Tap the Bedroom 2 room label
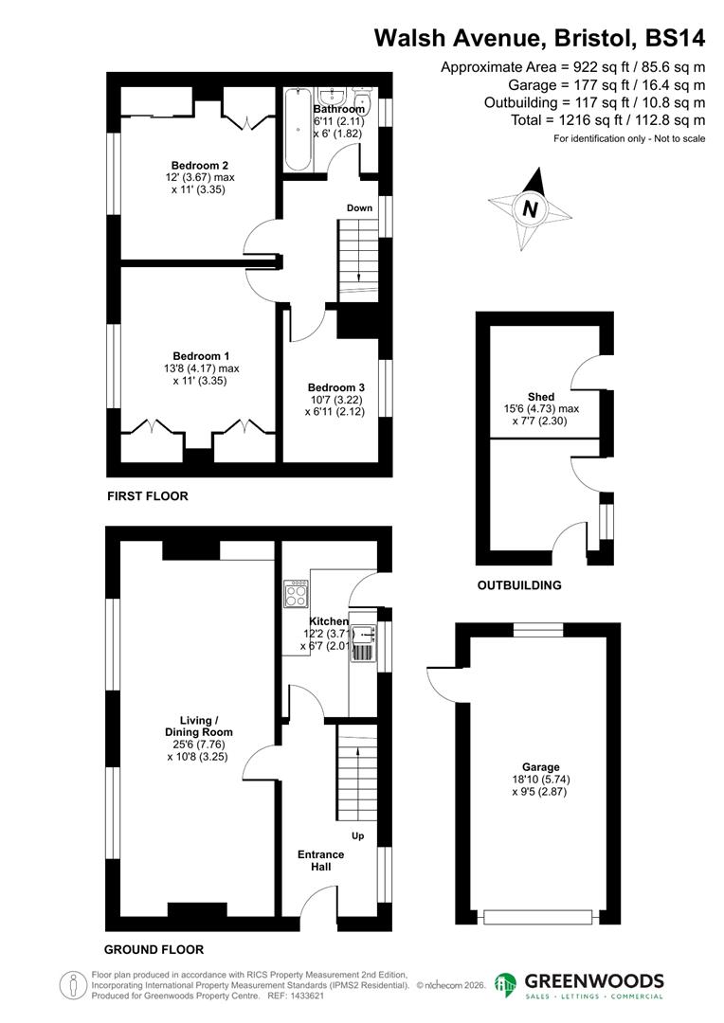point(196,165)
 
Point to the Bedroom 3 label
point(335,387)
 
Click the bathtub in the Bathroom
point(297,130)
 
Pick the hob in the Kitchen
point(295,594)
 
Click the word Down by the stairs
point(359,207)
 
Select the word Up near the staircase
point(358,836)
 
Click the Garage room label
point(540,767)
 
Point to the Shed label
point(541,397)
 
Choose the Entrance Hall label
point(321,860)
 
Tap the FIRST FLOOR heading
point(147,495)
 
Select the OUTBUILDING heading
point(518,584)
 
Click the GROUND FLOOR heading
point(154,949)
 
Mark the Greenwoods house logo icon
point(506,986)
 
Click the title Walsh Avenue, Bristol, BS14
point(539,38)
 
